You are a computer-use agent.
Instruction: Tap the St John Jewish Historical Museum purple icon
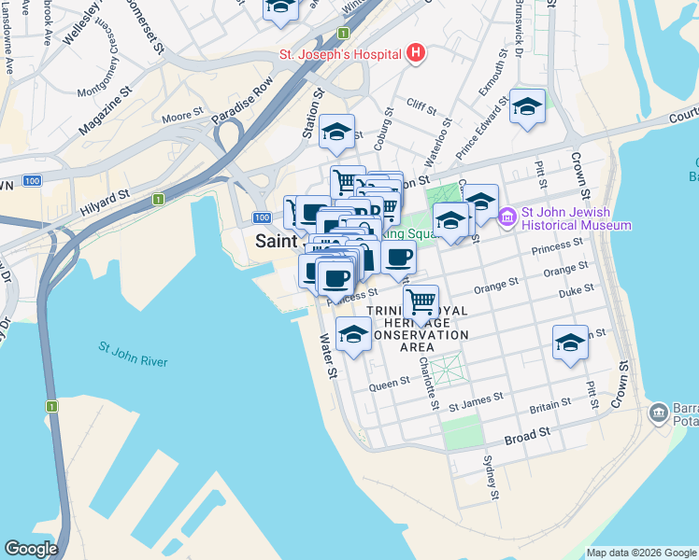507,217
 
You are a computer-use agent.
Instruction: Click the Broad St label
527,437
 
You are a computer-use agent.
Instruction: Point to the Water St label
329,356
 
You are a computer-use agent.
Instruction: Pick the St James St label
476,400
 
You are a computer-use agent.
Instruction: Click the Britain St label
549,404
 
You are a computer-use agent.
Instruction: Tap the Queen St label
390,382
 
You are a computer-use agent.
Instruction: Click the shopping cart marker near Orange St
421,301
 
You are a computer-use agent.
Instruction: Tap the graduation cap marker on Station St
335,132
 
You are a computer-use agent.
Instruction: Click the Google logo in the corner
31,549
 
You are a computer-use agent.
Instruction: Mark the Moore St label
182,117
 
